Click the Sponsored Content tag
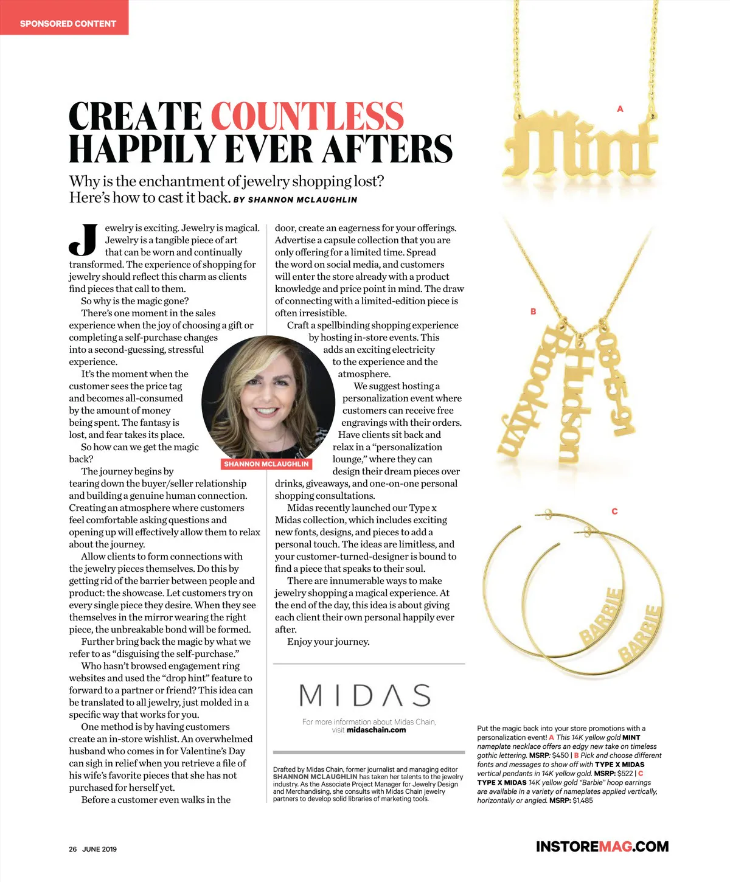68,24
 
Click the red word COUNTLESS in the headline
307,116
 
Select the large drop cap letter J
83,240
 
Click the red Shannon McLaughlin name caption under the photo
266,464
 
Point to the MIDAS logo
365,695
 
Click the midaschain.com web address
376,730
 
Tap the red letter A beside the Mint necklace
620,109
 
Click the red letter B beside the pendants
533,311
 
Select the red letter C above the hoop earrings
614,511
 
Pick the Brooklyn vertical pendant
527,392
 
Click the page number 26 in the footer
72,849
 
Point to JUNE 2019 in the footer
99,849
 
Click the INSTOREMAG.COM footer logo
602,847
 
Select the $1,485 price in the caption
582,800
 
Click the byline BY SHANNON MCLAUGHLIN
296,200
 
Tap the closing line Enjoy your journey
328,642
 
